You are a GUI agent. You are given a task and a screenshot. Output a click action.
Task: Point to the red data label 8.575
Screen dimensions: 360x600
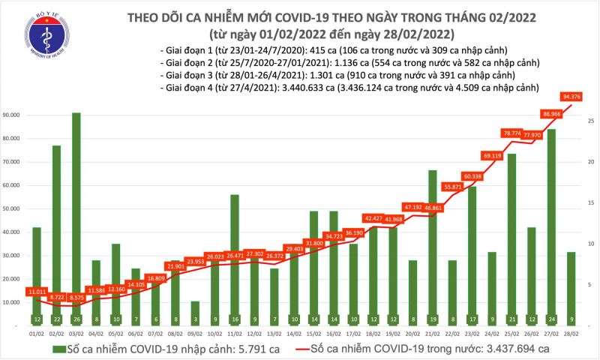coord(76,298)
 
